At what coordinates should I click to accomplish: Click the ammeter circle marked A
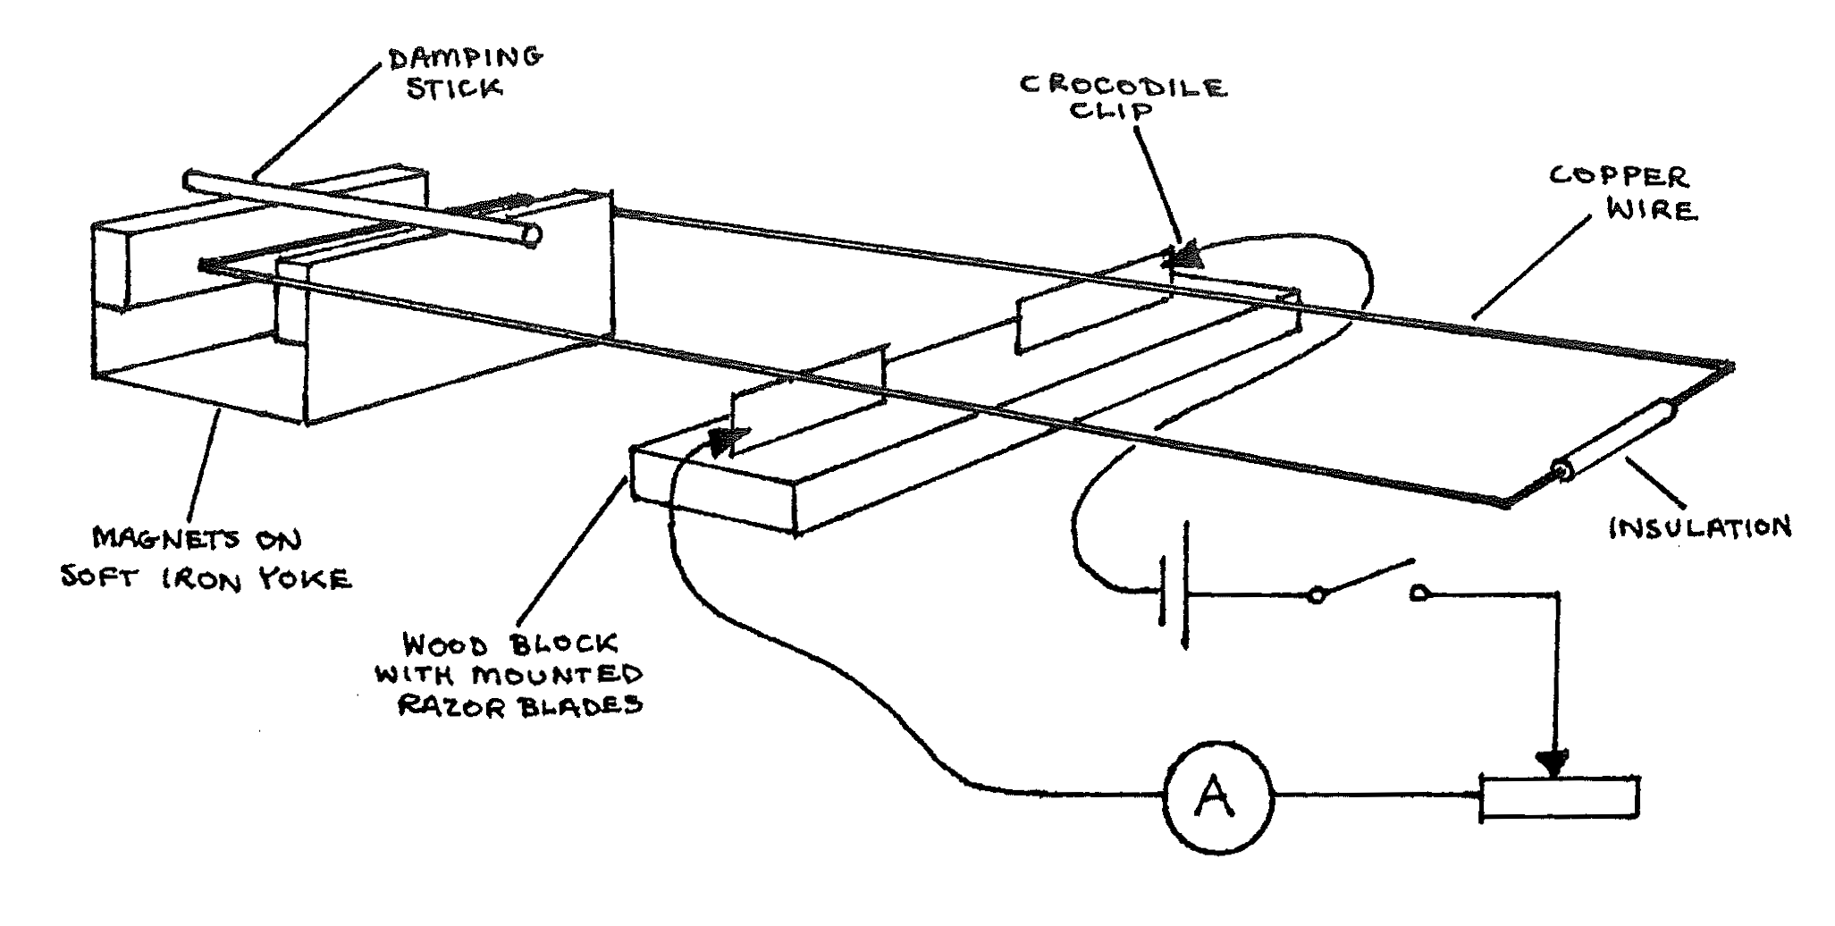[x=1216, y=797]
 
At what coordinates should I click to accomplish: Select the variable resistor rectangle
[x=1560, y=797]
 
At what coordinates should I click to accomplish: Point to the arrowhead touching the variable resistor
[x=1556, y=762]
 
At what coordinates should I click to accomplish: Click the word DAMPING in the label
[x=466, y=58]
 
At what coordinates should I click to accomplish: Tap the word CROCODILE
[x=1123, y=86]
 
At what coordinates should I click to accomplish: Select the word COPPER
[x=1618, y=176]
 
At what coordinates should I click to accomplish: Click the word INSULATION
[x=1700, y=527]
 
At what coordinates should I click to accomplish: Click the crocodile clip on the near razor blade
[x=728, y=439]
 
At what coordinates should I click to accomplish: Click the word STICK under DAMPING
[x=453, y=89]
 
